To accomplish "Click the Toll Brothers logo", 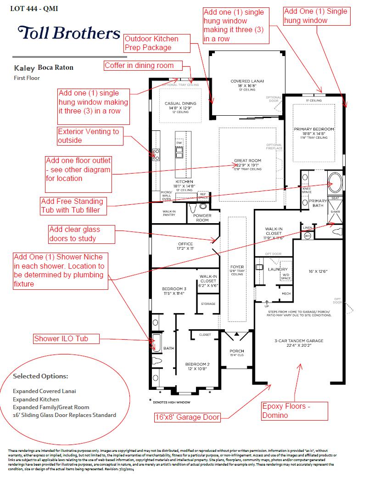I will [69, 33].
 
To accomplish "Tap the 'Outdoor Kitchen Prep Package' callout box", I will [157, 43].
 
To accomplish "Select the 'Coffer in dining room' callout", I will [143, 66].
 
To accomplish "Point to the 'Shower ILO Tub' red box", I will [67, 339].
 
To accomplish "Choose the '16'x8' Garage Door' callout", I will [187, 417].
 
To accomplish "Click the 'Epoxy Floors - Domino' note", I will [295, 411].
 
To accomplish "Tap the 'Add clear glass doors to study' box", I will [81, 234].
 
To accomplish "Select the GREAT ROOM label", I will [247, 161].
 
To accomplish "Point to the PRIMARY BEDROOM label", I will [313, 129].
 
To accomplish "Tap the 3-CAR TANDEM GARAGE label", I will [299, 341].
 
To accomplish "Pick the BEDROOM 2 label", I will [197, 363].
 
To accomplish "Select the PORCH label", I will [236, 351].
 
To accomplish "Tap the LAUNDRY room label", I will [278, 270].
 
